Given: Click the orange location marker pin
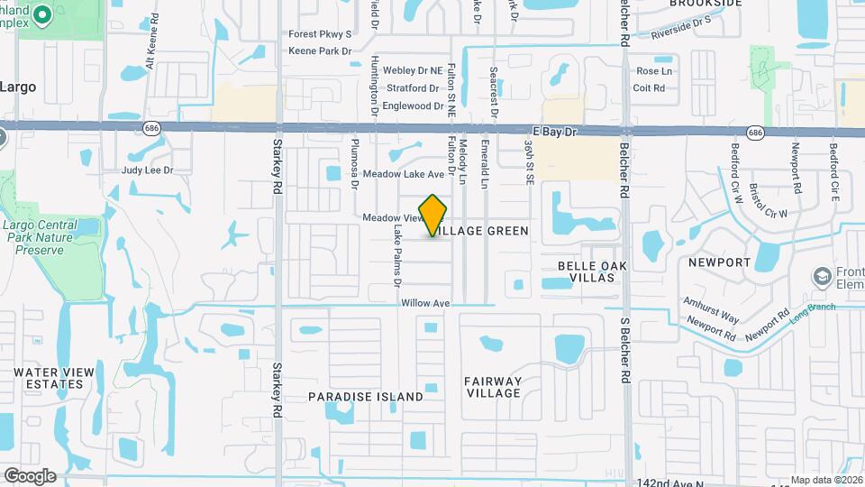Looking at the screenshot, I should tap(433, 216).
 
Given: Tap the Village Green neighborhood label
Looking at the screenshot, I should tap(483, 232).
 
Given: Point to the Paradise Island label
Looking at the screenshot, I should tap(366, 397).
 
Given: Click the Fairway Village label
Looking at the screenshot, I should tap(493, 387).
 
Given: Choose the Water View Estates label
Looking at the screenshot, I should tap(49, 378).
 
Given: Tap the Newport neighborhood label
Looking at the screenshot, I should tap(719, 262).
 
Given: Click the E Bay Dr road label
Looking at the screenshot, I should tap(554, 132).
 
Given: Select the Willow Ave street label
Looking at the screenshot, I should tap(425, 304).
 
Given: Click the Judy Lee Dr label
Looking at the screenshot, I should tap(147, 170).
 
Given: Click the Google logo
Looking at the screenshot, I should tap(29, 476).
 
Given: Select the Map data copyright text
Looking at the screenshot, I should tap(826, 480).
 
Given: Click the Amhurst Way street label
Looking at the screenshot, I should tap(711, 308).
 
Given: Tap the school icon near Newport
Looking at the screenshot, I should tap(821, 276).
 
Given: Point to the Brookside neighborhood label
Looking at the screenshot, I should tap(706, 4).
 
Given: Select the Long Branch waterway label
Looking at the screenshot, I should tap(813, 312).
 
